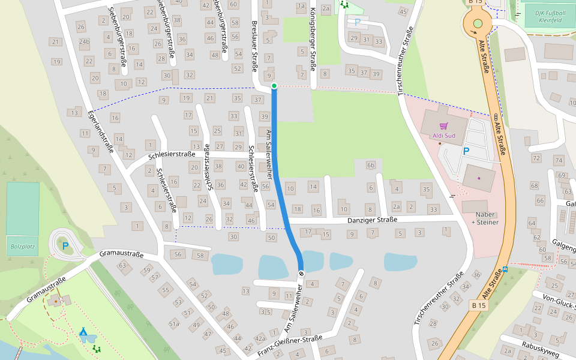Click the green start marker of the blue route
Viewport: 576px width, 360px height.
tap(274, 86)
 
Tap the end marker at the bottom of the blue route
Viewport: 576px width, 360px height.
tap(301, 274)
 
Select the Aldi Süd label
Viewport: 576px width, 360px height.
tap(444, 136)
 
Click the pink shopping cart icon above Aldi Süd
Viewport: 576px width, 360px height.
tap(444, 126)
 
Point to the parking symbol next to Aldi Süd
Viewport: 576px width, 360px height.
tap(466, 151)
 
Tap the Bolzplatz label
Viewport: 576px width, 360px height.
tap(22, 246)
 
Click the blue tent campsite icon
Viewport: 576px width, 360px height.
tap(83, 331)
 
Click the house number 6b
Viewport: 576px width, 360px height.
tap(370, 166)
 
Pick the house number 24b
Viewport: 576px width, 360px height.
tap(85, 42)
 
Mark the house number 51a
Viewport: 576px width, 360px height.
tap(174, 324)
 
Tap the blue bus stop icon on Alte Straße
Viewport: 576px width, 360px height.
tap(506, 269)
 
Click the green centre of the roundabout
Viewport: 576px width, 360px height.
tap(478, 23)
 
